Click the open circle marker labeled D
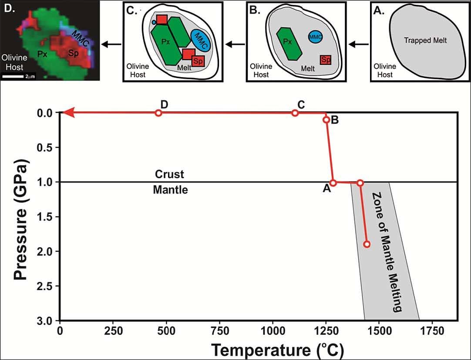tap(158, 113)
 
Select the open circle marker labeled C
tap(295, 113)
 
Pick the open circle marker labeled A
tap(333, 183)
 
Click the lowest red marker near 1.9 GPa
tap(367, 244)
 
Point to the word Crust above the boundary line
tap(170, 175)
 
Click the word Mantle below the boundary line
tap(170, 190)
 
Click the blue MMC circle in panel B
tap(315, 37)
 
